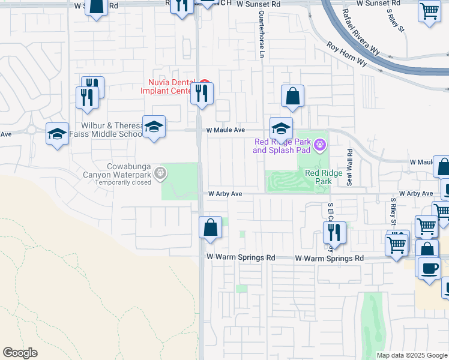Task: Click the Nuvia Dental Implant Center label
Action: click(170, 87)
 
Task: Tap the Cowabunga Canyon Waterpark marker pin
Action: click(160, 173)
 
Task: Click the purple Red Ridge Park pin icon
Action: click(321, 144)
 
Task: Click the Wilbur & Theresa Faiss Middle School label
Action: click(111, 130)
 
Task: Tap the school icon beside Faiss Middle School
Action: click(154, 127)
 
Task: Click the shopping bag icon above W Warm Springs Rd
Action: click(210, 227)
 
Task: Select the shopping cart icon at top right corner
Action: click(430, 11)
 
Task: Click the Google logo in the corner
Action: click(20, 352)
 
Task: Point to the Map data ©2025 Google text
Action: click(411, 355)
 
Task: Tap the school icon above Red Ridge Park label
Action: click(281, 128)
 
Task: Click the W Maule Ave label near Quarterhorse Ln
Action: click(226, 130)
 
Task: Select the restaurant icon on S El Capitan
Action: click(335, 233)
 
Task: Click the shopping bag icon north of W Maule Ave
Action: click(292, 96)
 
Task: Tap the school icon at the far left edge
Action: click(57, 133)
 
